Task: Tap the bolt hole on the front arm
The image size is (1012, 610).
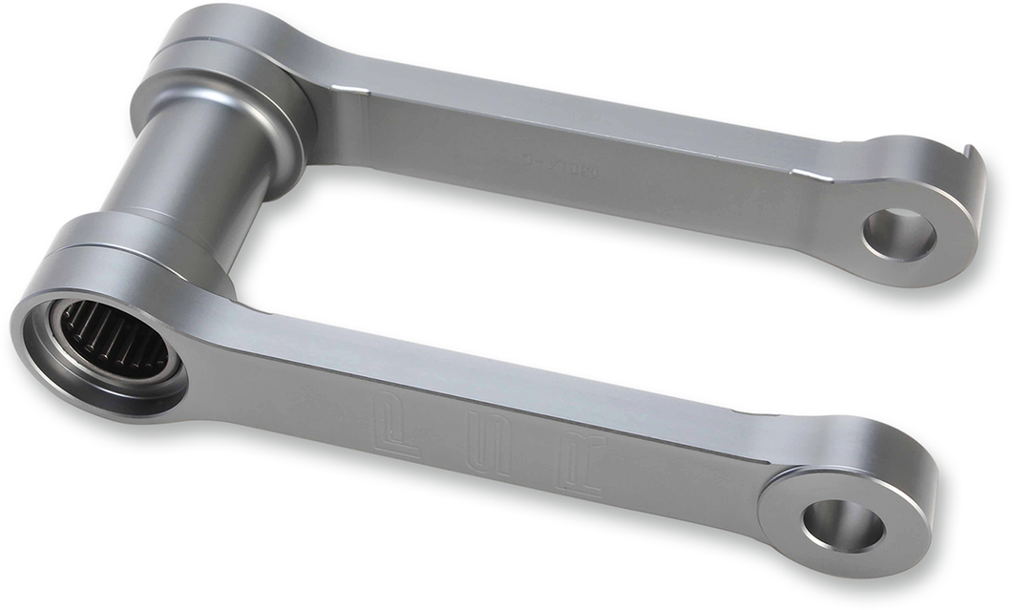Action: click(842, 524)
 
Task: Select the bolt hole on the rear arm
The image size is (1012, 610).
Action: click(898, 234)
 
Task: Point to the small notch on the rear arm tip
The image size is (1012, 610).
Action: click(971, 154)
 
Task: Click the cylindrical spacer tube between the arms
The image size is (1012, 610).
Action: click(181, 172)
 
